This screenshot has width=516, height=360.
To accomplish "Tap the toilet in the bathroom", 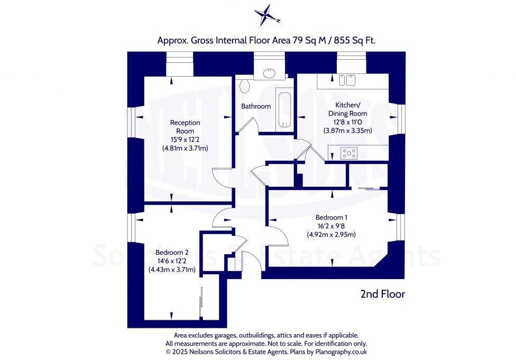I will click(x=244, y=86).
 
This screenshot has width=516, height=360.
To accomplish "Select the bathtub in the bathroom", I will click(x=284, y=109).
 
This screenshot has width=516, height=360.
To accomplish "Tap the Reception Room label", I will click(x=185, y=126).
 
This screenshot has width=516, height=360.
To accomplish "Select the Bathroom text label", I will click(x=256, y=106).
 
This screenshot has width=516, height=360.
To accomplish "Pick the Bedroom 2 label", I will click(x=172, y=253).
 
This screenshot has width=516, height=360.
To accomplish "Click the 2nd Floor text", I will click(x=382, y=293).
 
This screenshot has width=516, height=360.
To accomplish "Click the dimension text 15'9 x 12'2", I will click(x=185, y=140).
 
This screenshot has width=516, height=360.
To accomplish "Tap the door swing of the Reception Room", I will click(x=220, y=176).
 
